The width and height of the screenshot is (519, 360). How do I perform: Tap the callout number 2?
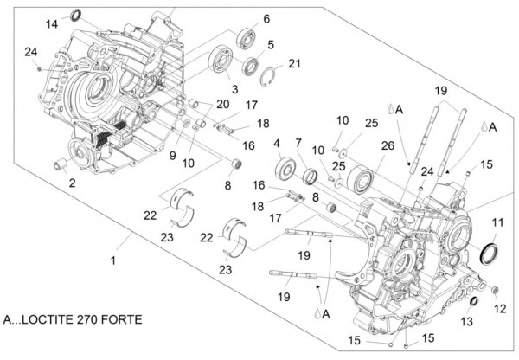72,183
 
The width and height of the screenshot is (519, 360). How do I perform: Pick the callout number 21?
294,63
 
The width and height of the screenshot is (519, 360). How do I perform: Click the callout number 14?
51,23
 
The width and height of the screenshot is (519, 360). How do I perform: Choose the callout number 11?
497,223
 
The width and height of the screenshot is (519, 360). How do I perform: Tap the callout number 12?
500,309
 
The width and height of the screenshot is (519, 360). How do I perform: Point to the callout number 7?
298,143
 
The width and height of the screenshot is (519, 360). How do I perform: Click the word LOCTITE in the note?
59,319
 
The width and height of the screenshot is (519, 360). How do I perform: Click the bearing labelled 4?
285,170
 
